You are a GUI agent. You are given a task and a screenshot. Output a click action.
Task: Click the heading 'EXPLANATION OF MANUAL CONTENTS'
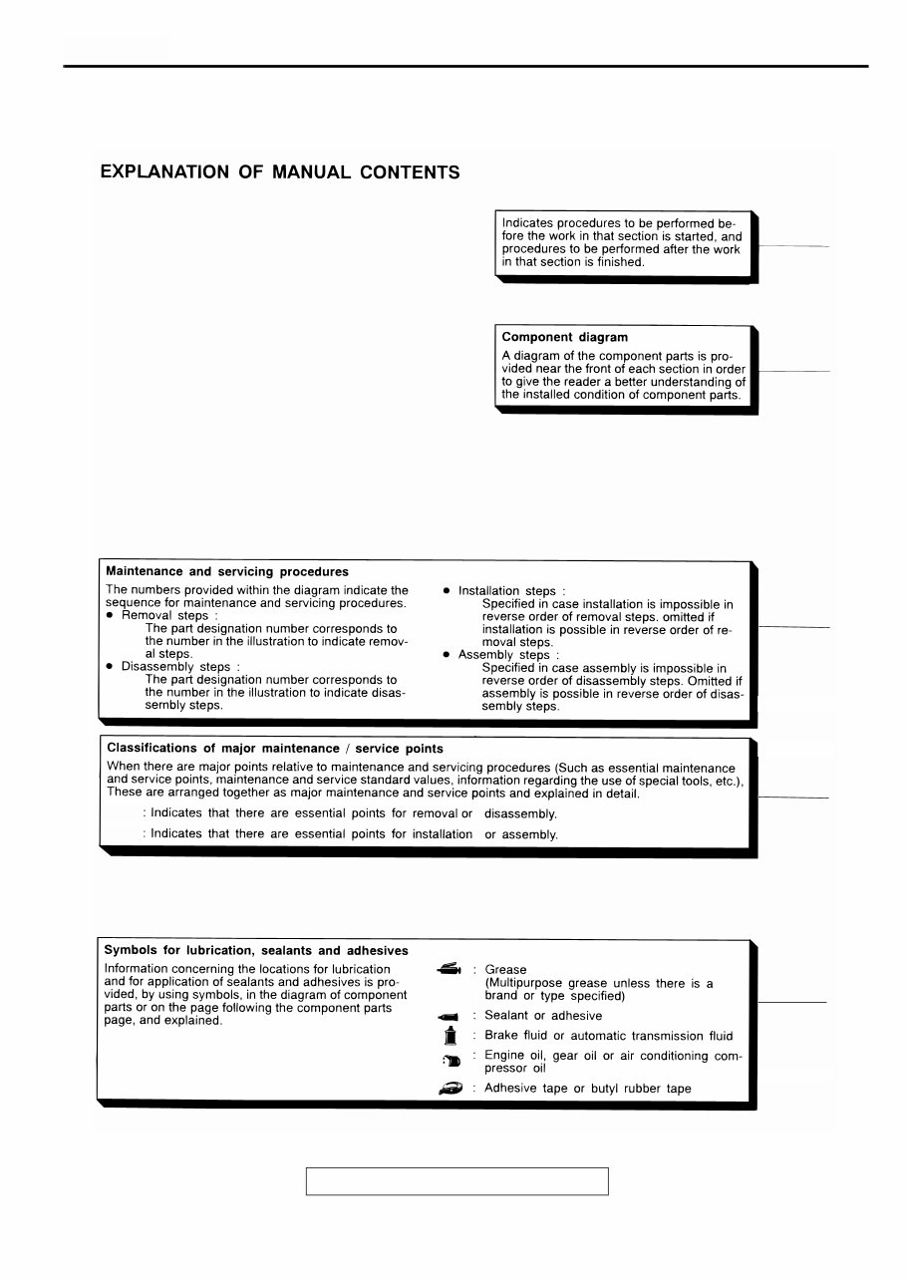280,172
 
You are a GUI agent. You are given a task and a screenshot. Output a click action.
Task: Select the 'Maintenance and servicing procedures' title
227,572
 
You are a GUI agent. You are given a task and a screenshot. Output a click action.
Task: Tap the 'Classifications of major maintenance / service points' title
275,748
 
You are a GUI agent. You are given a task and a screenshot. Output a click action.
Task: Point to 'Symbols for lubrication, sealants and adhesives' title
256,951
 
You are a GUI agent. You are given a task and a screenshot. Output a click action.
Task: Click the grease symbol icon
448,968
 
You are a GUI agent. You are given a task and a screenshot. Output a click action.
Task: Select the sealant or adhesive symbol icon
447,1017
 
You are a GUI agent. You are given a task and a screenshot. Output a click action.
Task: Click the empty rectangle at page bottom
456,1181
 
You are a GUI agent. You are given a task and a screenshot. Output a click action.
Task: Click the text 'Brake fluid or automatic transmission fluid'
608,1036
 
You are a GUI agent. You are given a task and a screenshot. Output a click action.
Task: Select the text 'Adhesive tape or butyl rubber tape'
587,1089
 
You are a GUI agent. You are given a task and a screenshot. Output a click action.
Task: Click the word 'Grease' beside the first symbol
505,969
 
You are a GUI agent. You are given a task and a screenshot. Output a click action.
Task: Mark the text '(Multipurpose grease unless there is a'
598,983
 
